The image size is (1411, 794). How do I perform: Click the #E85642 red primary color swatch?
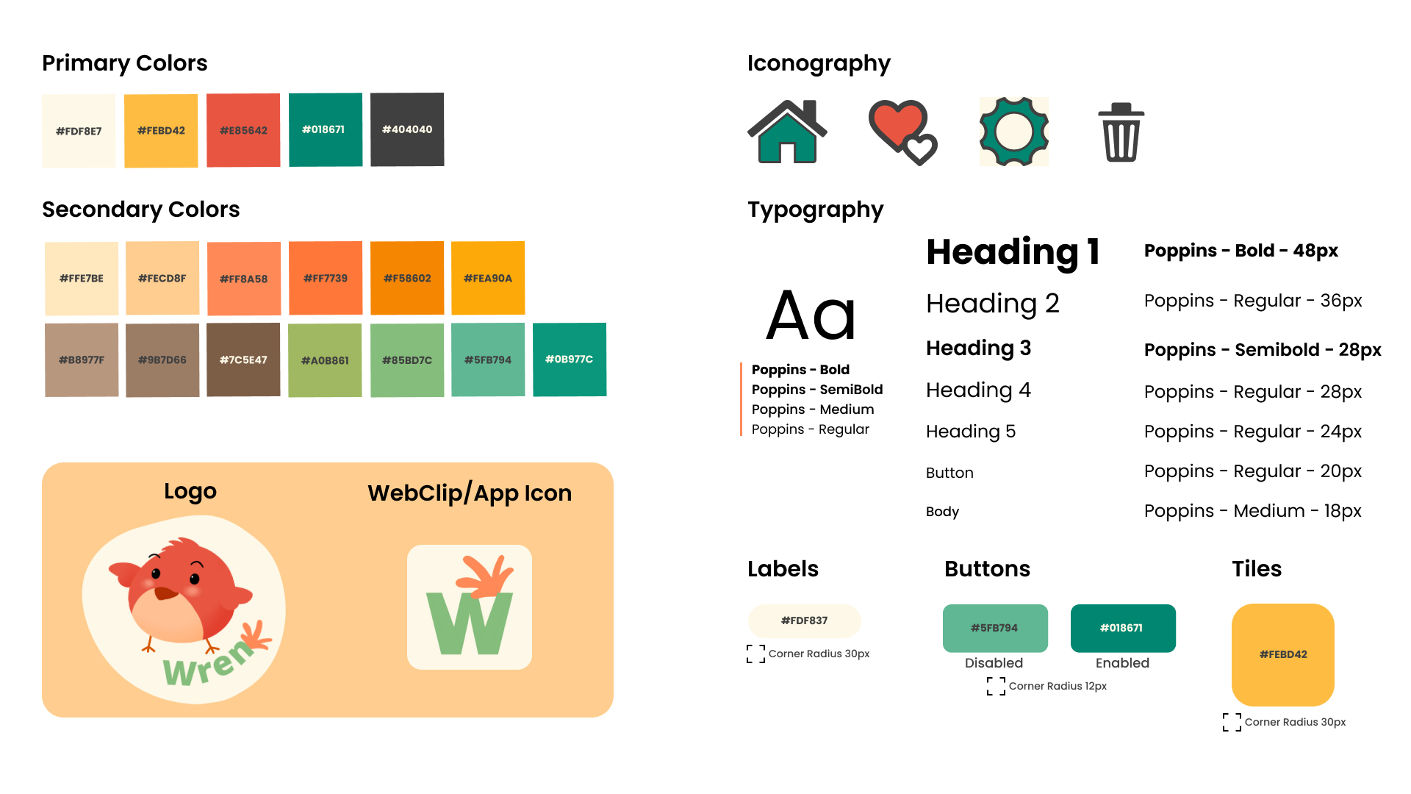(243, 130)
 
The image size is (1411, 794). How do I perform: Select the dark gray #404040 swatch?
(407, 129)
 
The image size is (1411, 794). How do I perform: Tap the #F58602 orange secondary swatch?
(407, 278)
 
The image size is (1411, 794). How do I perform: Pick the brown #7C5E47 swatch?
(243, 360)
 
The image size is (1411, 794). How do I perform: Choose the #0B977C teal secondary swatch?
(570, 360)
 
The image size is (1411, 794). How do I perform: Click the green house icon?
(787, 132)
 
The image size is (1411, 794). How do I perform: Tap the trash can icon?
(1121, 133)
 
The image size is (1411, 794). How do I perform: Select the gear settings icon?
(1014, 132)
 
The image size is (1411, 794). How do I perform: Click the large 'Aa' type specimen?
(811, 315)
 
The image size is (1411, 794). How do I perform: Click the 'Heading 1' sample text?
(1013, 252)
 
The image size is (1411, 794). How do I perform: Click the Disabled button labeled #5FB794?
(995, 628)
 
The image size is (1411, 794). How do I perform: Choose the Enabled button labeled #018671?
(1123, 628)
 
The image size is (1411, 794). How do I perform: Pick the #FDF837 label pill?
(805, 620)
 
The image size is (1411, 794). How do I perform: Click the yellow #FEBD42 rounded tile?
(1283, 654)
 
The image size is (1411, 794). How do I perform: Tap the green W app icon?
(470, 607)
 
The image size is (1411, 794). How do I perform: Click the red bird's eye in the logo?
(156, 573)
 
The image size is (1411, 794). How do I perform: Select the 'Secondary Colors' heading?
(141, 210)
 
